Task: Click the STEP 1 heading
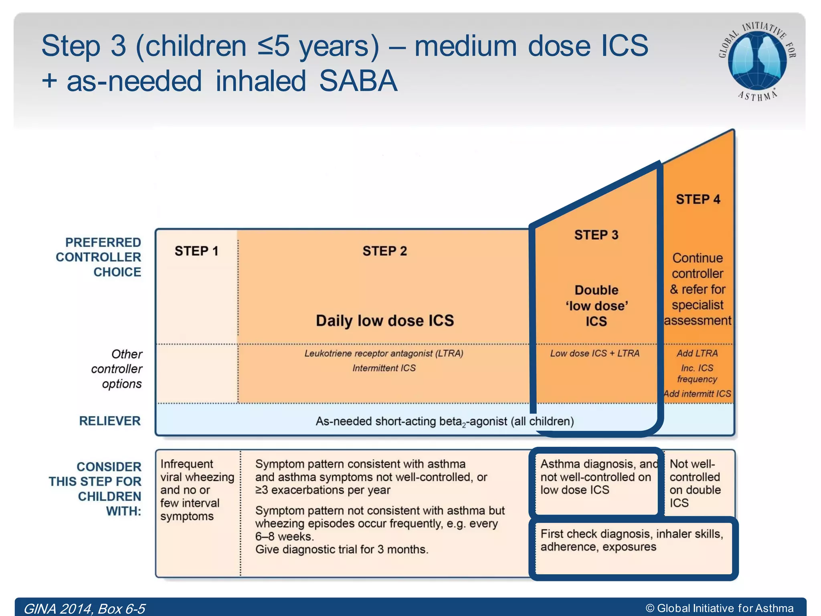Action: (x=196, y=251)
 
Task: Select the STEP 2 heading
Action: (x=384, y=251)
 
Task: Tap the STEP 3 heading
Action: (x=596, y=235)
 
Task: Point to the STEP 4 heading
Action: (x=698, y=199)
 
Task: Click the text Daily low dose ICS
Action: (x=384, y=321)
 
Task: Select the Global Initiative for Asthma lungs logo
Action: (x=757, y=60)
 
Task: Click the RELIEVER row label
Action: (x=110, y=421)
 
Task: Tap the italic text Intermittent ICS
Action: (x=384, y=368)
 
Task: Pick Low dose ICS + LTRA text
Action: (x=595, y=353)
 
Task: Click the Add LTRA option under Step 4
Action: (x=697, y=353)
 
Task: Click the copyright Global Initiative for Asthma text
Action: (x=720, y=608)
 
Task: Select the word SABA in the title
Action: (x=358, y=81)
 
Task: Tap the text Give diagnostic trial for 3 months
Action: (x=342, y=549)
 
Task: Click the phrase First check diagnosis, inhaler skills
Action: (x=631, y=534)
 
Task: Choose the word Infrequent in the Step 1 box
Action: (x=187, y=464)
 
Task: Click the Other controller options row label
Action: (x=117, y=369)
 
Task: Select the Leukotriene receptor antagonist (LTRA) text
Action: (x=384, y=353)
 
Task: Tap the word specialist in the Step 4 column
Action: (x=698, y=305)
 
